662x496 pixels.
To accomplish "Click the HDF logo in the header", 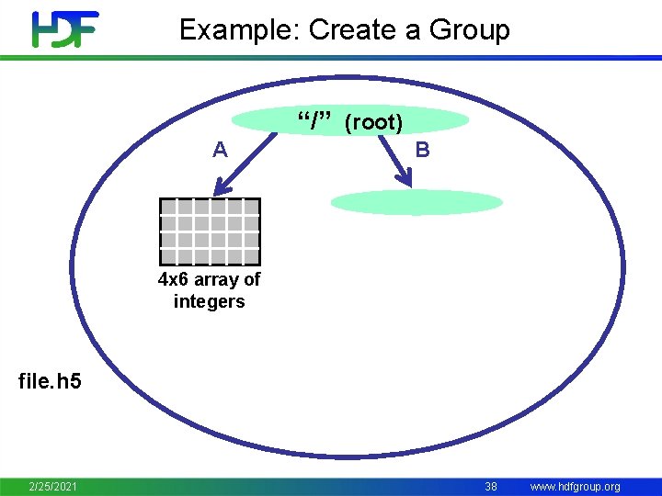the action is tap(64, 29).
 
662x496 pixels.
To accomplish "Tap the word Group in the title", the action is tap(469, 30).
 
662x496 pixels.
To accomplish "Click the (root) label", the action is tap(373, 122).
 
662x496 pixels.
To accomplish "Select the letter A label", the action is tap(220, 150).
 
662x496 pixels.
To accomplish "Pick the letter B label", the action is tap(422, 150).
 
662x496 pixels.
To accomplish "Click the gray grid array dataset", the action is tap(210, 231).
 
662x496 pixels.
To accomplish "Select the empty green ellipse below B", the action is tap(417, 202).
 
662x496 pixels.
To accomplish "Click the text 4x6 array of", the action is tap(210, 279).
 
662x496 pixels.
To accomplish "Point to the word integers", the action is tap(210, 301).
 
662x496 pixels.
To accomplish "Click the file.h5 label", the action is tap(50, 380).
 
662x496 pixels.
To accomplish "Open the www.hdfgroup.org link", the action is tap(575, 486).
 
